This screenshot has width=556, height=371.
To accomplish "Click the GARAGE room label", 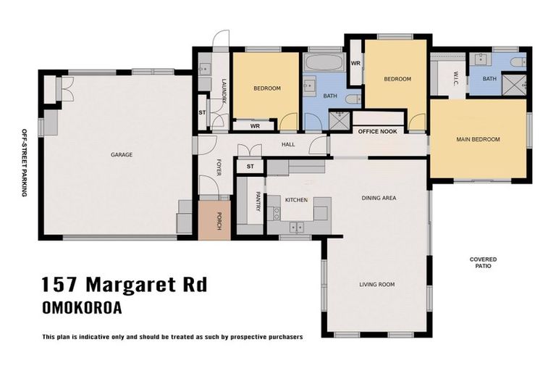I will [x=121, y=154].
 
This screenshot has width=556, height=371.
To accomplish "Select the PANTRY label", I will [x=258, y=201].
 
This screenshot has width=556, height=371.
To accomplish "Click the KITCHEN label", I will [x=296, y=199].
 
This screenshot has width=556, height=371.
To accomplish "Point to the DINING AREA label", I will [x=379, y=198].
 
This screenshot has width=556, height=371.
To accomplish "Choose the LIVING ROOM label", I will [x=377, y=284].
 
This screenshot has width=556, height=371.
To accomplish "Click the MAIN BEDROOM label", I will [x=478, y=139].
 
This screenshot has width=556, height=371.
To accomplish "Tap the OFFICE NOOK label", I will [x=377, y=132].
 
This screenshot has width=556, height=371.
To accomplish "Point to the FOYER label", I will [x=218, y=168].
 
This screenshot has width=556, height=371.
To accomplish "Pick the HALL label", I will [x=288, y=145].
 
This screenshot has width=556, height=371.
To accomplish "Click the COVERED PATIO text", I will [x=483, y=262].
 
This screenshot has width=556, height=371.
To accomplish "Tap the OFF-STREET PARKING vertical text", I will [x=24, y=162].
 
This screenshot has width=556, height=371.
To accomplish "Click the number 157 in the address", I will [x=59, y=284].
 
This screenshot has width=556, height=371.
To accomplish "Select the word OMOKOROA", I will [x=82, y=308].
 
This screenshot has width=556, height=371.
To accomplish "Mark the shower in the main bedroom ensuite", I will [x=513, y=86].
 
